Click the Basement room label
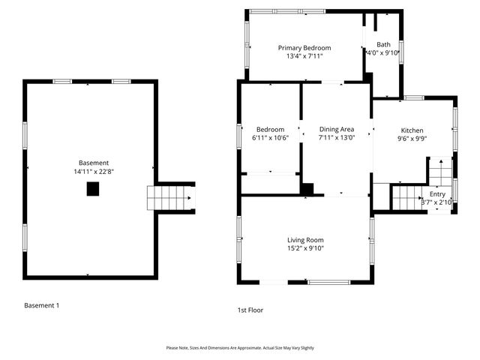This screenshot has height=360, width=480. click(x=94, y=163)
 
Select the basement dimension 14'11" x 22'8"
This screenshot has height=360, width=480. click(x=94, y=172)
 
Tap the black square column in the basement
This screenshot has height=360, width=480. click(x=93, y=189)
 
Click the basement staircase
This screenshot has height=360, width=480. click(x=169, y=198)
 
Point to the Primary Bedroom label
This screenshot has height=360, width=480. click(x=304, y=47)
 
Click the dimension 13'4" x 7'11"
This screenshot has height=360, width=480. click(x=304, y=56)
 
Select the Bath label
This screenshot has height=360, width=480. click(x=383, y=44)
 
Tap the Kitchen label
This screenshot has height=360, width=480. click(x=412, y=129)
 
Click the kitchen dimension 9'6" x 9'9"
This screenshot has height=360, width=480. click(x=412, y=138)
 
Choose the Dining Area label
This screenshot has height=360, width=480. click(x=336, y=128)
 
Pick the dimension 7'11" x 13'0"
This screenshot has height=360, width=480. click(x=336, y=137)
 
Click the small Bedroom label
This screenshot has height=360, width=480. click(x=270, y=128)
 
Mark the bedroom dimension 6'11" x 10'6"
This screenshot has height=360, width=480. click(x=270, y=137)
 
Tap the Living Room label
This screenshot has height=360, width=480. click(x=305, y=239)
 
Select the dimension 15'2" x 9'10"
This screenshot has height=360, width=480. click(x=305, y=248)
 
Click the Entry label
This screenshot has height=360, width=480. click(x=436, y=194)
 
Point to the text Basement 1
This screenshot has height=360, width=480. click(x=41, y=305)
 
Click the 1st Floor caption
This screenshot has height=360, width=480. click(x=250, y=310)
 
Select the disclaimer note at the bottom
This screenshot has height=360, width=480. click(x=240, y=348)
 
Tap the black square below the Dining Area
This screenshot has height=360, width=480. click(x=307, y=189)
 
